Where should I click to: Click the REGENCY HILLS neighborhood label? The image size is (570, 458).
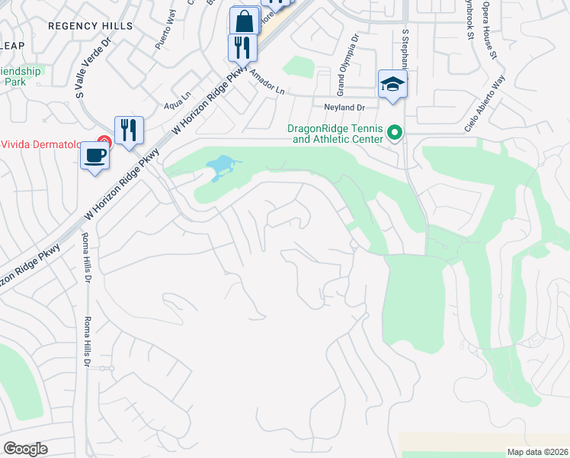coord(90,26)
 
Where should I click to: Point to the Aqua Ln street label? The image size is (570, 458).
coord(177,100)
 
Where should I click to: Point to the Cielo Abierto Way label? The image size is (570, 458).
coord(485,105)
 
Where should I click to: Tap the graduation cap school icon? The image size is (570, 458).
coord(392,83)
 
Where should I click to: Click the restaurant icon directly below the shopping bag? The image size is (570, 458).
coord(242,47)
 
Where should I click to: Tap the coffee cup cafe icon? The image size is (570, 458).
coord(95,155)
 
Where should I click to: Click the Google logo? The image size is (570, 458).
coord(25,449)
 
